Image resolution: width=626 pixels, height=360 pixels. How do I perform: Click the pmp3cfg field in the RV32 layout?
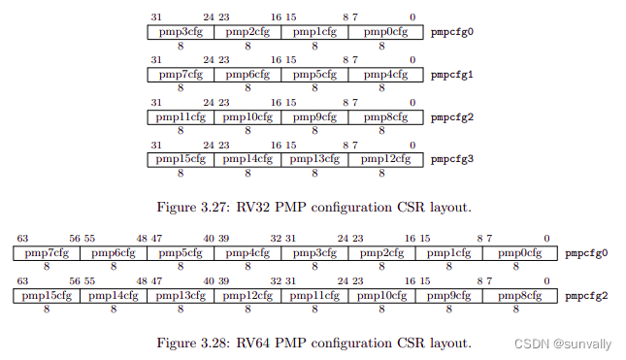click(x=181, y=32)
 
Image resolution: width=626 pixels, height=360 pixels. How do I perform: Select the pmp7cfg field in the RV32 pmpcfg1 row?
click(x=181, y=74)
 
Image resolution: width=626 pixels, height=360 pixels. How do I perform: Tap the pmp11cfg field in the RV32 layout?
click(x=181, y=116)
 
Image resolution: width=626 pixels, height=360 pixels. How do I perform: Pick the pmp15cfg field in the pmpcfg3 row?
click(x=181, y=159)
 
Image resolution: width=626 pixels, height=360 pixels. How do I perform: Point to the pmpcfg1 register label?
click(x=451, y=74)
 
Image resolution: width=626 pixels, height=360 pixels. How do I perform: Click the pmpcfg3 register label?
click(x=451, y=159)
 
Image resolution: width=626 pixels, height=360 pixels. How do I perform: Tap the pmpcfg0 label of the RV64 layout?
click(x=586, y=253)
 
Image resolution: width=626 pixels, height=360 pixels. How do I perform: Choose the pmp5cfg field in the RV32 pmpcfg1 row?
click(x=315, y=74)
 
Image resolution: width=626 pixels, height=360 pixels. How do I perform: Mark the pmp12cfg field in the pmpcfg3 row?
click(x=382, y=159)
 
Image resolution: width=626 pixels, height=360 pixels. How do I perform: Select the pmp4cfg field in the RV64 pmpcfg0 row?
click(x=247, y=253)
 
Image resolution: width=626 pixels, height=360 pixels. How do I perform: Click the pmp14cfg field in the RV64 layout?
click(x=113, y=296)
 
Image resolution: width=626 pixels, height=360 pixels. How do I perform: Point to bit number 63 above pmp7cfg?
click(x=21, y=239)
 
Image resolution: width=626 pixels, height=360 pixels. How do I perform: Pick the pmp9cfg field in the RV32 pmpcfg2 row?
click(x=315, y=116)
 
